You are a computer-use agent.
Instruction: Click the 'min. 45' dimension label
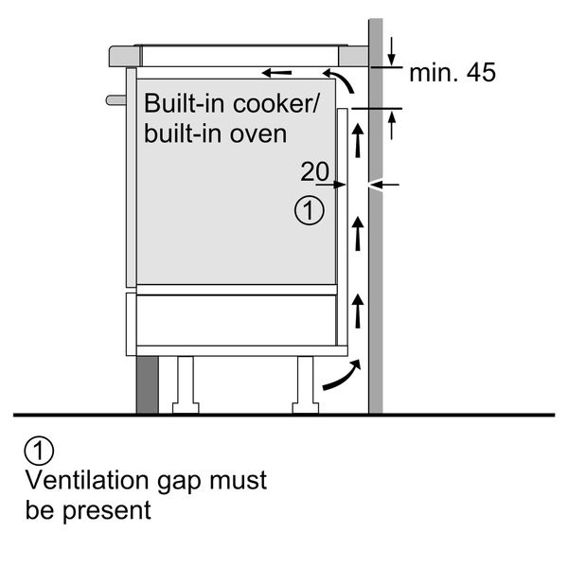click(452, 73)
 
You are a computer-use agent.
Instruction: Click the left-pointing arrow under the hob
click(277, 72)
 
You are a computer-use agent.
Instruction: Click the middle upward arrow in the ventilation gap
click(357, 232)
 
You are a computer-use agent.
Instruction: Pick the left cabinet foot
click(184, 384)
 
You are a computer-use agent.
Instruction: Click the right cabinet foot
click(306, 384)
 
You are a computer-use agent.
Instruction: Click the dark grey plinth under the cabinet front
click(148, 385)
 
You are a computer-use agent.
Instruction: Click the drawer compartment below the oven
click(237, 319)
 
